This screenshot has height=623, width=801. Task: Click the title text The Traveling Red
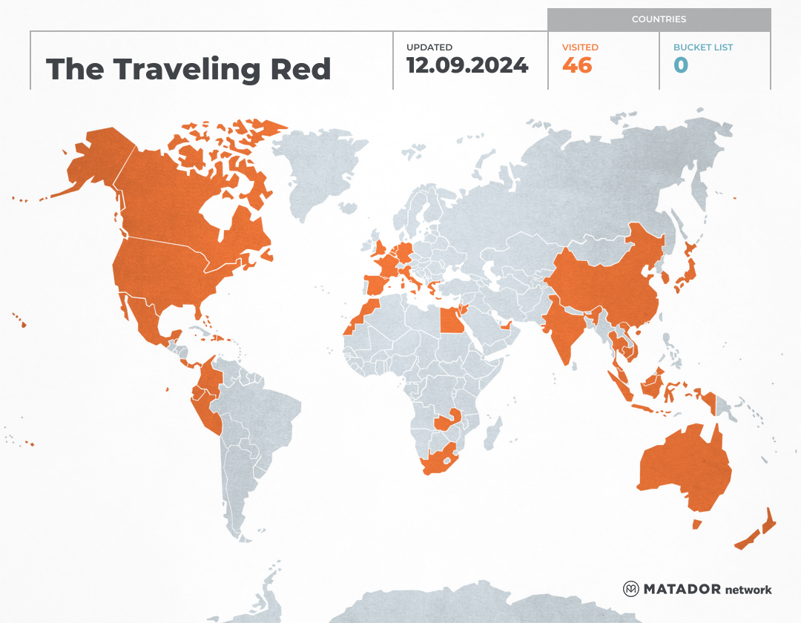point(188,70)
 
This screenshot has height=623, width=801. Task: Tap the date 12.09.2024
point(467,65)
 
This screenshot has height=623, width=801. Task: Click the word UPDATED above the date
point(429,47)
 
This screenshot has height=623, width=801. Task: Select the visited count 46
point(577,65)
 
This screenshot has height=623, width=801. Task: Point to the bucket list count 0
point(681,65)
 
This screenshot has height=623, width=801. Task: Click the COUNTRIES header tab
point(659,19)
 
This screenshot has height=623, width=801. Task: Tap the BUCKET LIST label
point(703,47)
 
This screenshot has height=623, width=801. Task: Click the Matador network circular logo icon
point(631,589)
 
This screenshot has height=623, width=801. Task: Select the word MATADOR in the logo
point(682,590)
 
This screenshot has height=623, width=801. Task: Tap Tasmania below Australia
point(697,524)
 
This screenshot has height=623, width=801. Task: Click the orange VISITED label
point(580,47)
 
